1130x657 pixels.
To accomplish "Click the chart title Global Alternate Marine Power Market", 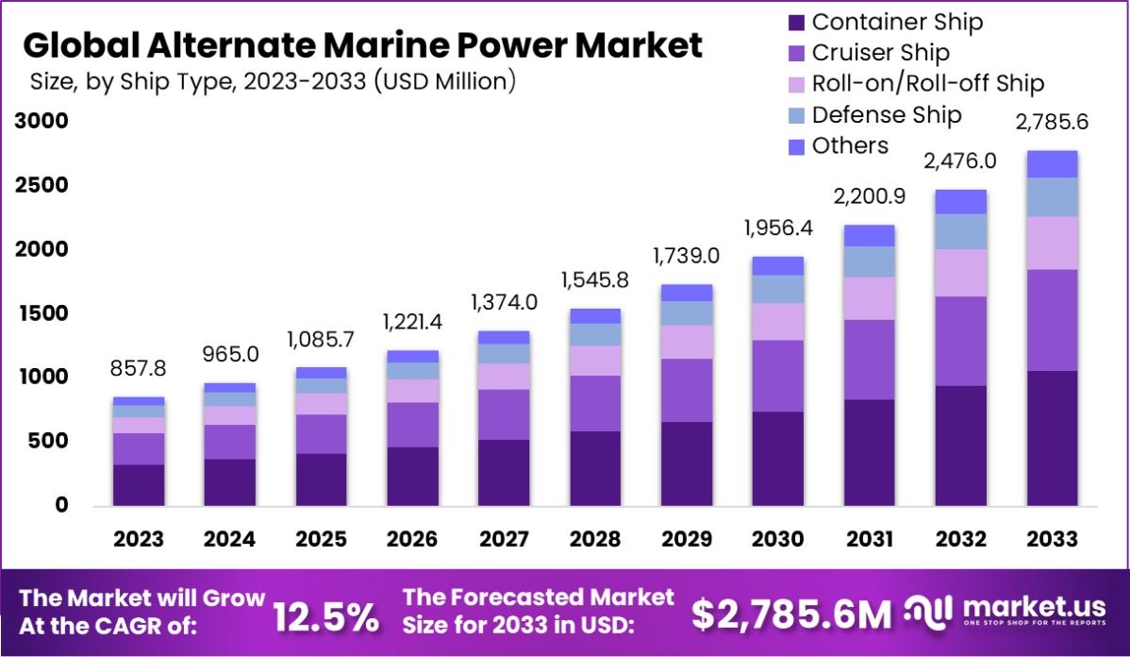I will click(362, 45).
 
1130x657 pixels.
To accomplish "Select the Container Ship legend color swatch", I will click(794, 22).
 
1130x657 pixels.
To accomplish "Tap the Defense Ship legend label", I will click(886, 115).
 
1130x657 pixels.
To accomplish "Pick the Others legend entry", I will click(850, 145).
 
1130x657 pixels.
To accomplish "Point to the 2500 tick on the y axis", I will click(41, 185).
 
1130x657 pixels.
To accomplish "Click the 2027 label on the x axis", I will click(504, 539).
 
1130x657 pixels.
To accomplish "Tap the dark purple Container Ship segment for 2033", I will click(1052, 439).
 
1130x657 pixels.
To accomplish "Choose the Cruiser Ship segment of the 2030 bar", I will click(778, 376).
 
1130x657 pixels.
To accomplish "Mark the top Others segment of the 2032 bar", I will click(961, 202).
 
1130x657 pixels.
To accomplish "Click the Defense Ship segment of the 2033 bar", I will click(1052, 197).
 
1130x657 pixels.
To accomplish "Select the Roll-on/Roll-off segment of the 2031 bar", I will click(870, 298).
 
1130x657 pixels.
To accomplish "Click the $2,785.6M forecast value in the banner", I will click(791, 615).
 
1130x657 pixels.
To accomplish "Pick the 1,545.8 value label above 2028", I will click(595, 280).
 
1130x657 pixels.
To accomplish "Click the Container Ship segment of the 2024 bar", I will click(230, 482).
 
